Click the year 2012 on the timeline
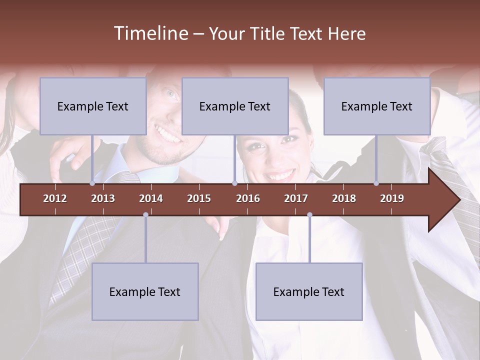[55, 198]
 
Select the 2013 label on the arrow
[103, 198]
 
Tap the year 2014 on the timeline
[151, 198]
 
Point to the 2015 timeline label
[199, 198]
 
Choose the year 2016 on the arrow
[248, 198]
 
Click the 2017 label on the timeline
[296, 198]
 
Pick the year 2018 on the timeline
[344, 198]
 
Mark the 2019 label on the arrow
[392, 198]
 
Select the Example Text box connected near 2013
[93, 106]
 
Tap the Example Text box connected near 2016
[235, 106]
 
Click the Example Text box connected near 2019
[377, 106]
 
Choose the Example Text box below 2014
[145, 291]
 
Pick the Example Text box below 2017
[309, 291]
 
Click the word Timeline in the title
[150, 33]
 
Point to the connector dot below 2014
[145, 215]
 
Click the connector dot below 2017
[309, 215]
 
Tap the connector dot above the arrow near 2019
[376, 183]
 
